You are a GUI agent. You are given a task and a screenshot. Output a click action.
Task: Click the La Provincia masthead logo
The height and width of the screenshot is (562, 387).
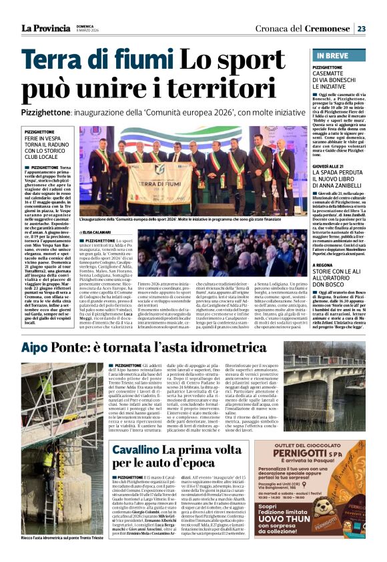coord(45,28)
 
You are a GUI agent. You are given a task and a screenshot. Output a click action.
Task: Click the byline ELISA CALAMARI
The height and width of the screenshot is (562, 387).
coord(115,231)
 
